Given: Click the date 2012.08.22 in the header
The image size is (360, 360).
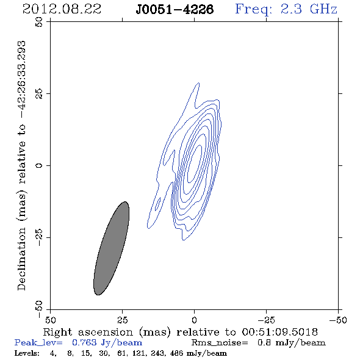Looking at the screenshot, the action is [62, 9].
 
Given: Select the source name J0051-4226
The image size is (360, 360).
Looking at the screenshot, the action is [175, 9].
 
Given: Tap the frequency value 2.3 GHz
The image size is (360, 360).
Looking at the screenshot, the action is [309, 9].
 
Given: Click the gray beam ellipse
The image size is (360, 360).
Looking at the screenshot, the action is [111, 248].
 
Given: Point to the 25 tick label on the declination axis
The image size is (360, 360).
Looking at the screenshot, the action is [39, 94].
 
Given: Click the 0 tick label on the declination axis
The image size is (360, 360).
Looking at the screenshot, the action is [39, 165].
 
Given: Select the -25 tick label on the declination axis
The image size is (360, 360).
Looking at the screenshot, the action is [39, 237].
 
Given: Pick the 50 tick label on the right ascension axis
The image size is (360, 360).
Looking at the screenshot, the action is [50, 320].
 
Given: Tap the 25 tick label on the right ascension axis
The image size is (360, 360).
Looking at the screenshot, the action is [122, 320].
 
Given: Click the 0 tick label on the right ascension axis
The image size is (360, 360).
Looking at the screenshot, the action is [194, 320].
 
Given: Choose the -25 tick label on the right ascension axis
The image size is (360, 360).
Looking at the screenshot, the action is [266, 320].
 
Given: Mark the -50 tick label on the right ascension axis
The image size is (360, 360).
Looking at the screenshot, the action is [338, 320].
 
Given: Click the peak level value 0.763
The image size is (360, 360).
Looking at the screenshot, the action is [84, 342].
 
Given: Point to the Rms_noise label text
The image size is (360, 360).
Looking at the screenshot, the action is [220, 342].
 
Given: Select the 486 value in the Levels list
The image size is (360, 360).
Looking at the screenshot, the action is [176, 353].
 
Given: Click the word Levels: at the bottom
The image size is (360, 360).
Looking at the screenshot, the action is [27, 353].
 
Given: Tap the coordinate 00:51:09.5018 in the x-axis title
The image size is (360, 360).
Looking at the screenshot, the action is [279, 332].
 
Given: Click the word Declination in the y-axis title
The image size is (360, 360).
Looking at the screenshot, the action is [21, 259].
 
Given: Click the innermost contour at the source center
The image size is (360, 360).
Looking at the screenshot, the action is [195, 164].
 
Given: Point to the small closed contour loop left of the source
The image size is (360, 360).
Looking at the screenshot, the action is [157, 204].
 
